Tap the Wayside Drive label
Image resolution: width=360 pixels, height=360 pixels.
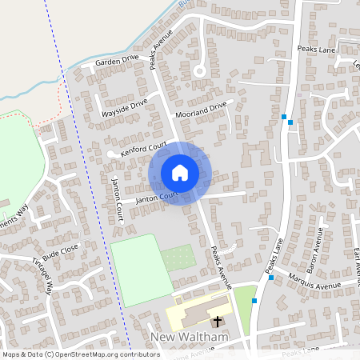pyautogui.click(x=125, y=108)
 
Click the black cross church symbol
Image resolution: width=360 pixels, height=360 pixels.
pyautogui.click(x=217, y=319)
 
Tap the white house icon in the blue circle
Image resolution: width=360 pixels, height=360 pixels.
pyautogui.click(x=180, y=173)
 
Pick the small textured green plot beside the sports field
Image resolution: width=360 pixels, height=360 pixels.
pyautogui.click(x=178, y=258)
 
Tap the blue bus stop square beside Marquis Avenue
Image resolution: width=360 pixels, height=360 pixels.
pyautogui.click(x=272, y=278)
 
